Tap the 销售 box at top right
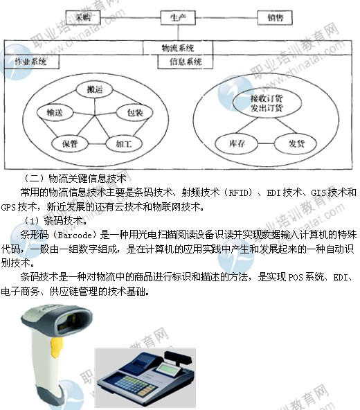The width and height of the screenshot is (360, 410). [275, 17]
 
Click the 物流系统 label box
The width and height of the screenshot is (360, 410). [178, 48]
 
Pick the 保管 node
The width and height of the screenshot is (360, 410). [66, 143]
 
